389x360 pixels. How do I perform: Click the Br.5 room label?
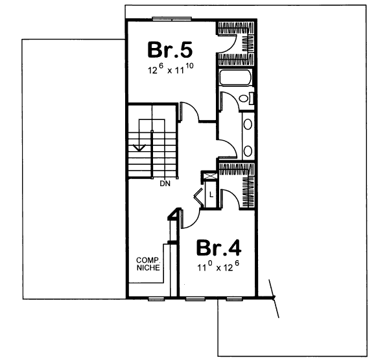(171, 49)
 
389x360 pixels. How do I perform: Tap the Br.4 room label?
(219, 248)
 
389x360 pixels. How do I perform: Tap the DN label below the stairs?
(164, 184)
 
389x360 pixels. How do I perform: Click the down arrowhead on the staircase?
(137, 148)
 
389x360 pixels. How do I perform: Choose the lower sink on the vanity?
(248, 151)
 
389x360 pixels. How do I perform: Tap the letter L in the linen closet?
(211, 193)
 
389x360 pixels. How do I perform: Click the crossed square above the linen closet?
(209, 176)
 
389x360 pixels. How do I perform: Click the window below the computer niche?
(155, 299)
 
